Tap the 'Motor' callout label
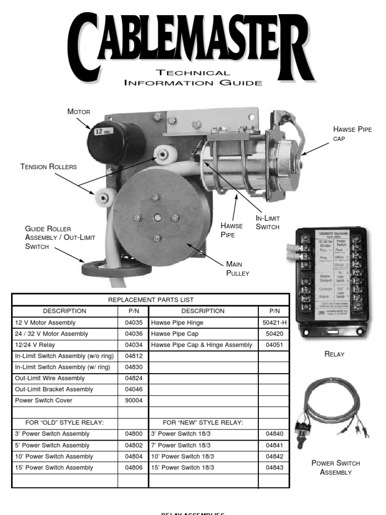(78, 111)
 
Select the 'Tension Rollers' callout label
(49, 166)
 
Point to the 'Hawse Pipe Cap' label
(353, 133)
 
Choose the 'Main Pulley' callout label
(238, 269)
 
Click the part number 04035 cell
(133, 323)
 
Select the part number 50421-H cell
(274, 323)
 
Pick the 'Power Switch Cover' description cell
(44, 400)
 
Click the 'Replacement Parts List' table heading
(151, 300)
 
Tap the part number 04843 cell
(274, 467)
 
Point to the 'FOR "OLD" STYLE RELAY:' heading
(65, 422)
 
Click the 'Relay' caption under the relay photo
(335, 354)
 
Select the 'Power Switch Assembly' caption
(336, 468)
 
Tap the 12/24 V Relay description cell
(36, 345)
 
